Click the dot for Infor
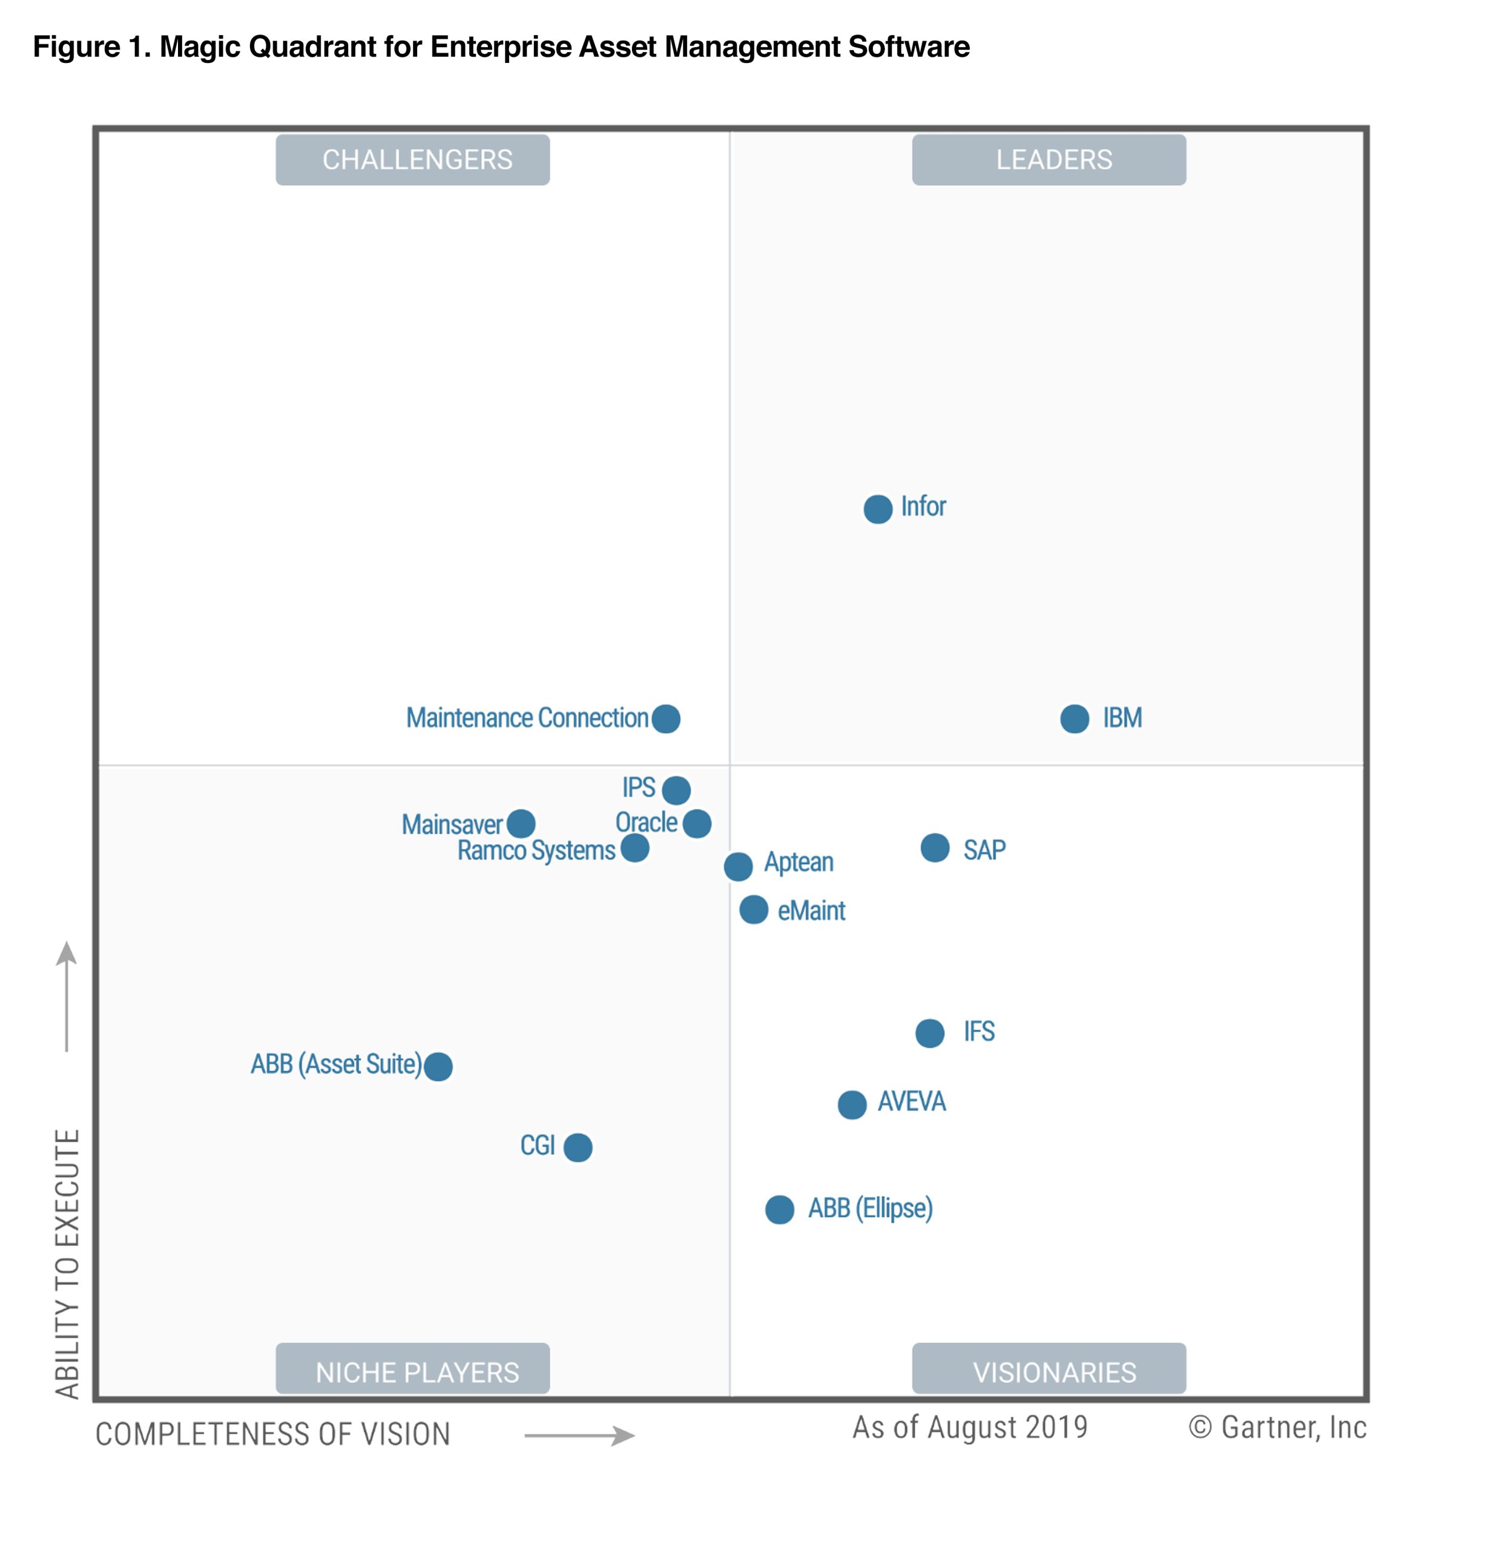(x=877, y=509)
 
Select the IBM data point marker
(x=1074, y=719)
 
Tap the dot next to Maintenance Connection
(x=666, y=719)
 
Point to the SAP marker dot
(x=935, y=848)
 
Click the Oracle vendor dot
(x=697, y=823)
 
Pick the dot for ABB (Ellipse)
(x=779, y=1209)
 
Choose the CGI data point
(x=578, y=1147)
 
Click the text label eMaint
(x=811, y=910)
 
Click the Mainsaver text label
(x=452, y=824)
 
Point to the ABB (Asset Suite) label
(x=336, y=1064)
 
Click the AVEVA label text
(x=911, y=1101)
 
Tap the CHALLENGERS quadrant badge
(x=412, y=160)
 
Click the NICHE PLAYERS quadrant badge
(x=412, y=1372)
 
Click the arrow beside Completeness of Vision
(x=579, y=1436)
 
